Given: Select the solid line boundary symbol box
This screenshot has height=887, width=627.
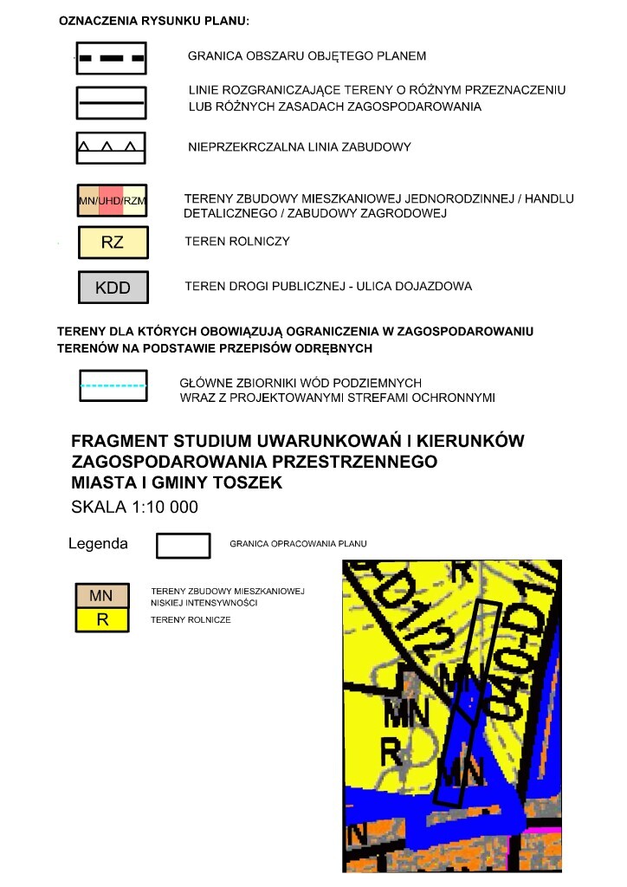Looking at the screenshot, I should [x=111, y=103].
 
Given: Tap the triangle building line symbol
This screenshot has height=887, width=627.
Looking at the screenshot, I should [x=111, y=147].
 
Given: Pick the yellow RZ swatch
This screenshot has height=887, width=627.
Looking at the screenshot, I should [x=113, y=243].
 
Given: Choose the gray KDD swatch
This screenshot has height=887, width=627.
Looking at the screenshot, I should [x=113, y=288].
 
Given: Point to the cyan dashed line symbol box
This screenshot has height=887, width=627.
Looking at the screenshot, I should [x=113, y=386].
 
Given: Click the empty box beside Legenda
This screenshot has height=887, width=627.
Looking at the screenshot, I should [x=183, y=545].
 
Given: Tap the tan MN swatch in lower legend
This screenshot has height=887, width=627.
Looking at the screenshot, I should [x=102, y=596].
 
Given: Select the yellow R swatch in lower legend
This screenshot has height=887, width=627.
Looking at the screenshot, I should [x=102, y=620].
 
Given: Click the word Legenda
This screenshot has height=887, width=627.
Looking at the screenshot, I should [x=98, y=544].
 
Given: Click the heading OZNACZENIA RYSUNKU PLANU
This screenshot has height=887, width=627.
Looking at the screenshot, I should [x=153, y=20].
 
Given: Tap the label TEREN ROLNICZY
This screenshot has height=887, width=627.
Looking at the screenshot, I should [x=236, y=242].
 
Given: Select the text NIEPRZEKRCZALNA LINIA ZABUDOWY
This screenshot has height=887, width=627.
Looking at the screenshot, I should [x=299, y=147].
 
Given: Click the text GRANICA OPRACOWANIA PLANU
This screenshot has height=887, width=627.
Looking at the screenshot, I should [x=298, y=544].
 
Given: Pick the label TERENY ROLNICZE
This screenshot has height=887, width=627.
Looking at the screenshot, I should [x=191, y=620].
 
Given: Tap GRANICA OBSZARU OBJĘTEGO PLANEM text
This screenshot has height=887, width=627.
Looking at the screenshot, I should [x=307, y=56].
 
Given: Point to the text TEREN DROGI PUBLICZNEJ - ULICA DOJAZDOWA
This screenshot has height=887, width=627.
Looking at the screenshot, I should [x=328, y=286].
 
